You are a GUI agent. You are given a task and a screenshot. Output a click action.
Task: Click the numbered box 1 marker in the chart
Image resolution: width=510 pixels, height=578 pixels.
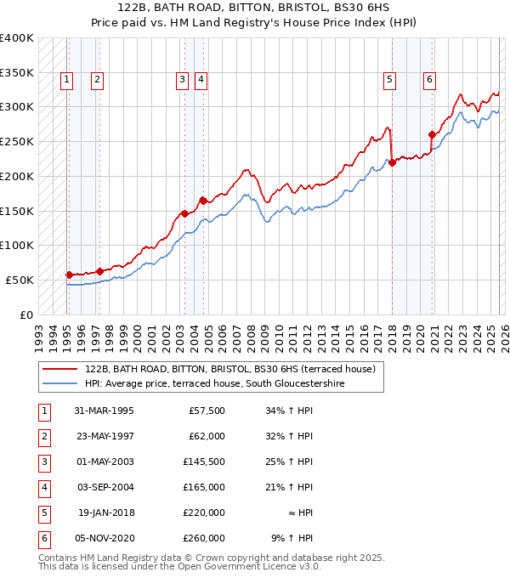point(67,80)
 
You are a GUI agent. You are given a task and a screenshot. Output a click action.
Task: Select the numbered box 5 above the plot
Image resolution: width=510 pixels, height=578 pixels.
point(389,80)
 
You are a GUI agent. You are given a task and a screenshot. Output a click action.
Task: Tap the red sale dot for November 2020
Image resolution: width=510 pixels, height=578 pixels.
point(432,134)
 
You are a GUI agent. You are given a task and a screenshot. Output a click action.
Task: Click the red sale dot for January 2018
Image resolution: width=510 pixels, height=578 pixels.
point(392,162)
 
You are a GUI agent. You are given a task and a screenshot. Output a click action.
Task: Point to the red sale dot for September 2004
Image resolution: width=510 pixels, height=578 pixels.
point(203,201)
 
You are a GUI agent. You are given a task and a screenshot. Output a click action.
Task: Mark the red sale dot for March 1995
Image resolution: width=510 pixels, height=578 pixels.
point(70,275)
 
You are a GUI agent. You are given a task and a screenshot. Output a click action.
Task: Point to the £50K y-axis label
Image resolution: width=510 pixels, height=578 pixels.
point(20,280)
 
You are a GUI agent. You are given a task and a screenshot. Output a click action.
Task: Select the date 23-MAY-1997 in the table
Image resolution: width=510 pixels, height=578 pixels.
point(104,437)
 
